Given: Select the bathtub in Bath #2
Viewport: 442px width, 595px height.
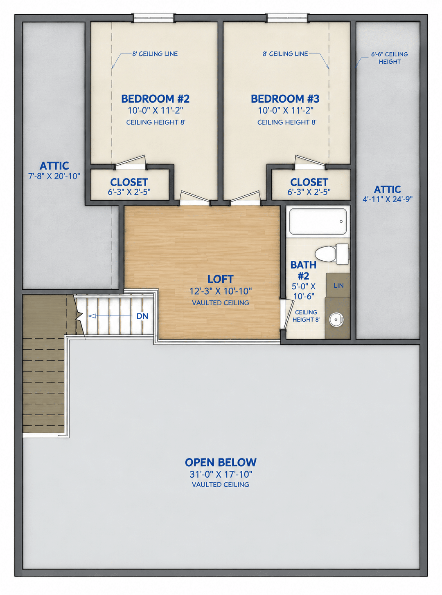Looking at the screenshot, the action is coord(318,221).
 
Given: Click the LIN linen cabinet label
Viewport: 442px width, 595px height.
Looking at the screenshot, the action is coord(338,285).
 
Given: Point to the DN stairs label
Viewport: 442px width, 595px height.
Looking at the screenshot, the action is coord(142,316).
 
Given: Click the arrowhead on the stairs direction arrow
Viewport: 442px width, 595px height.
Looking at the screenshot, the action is coord(92,316).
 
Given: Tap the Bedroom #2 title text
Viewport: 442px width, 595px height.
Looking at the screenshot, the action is coord(155,99).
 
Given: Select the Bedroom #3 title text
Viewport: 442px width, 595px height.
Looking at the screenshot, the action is coord(285,99).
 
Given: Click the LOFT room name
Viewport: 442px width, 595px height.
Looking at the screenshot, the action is coord(220,279).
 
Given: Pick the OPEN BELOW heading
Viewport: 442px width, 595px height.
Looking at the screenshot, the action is coord(221,462).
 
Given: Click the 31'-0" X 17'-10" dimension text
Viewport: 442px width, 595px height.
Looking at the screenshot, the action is coord(221,474).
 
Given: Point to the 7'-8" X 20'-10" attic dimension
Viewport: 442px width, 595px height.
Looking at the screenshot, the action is coord(54,176).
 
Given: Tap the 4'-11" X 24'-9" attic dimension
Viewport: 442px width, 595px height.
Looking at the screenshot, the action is coord(388,199).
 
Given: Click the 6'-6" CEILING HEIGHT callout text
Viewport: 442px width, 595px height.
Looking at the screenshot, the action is coord(389,58).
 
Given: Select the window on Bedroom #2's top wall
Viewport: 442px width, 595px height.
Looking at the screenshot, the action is coord(154,18).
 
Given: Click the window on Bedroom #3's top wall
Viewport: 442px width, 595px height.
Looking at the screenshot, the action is coord(287,18).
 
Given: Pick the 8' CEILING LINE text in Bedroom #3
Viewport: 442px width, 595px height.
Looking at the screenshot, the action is coord(285,54).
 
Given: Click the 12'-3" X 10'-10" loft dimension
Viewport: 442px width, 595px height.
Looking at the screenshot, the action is coord(221,291).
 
